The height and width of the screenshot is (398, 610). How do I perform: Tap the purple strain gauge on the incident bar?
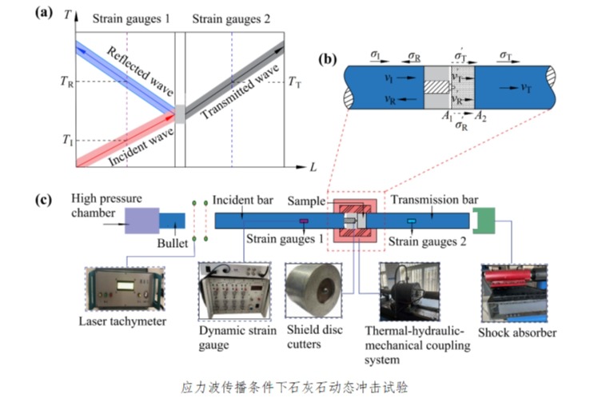click(304, 221)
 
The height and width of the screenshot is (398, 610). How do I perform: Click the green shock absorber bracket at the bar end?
click(485, 221)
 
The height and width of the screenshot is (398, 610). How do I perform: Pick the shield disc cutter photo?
click(313, 291)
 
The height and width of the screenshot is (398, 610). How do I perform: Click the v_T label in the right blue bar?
click(528, 88)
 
